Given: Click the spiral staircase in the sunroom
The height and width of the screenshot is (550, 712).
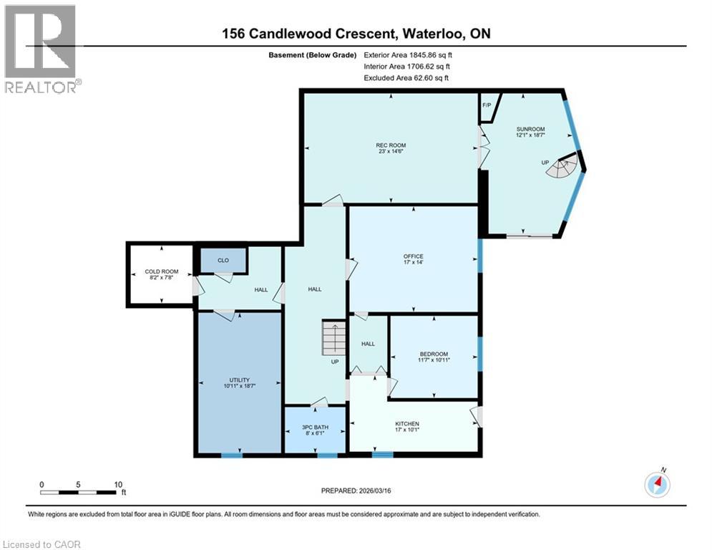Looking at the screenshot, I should click(x=566, y=168).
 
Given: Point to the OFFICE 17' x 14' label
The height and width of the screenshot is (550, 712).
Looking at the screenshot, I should click(x=413, y=259).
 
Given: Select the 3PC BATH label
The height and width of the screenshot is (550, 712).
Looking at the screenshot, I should click(x=315, y=430).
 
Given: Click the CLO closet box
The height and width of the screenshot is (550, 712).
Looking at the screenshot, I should click(x=223, y=260).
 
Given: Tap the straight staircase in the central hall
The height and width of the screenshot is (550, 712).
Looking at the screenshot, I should click(x=333, y=337).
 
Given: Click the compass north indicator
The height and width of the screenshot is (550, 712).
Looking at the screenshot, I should click(x=657, y=484).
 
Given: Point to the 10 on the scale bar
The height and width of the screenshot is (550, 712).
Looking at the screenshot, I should click(x=117, y=483).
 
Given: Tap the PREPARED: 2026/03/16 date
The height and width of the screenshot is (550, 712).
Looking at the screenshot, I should click(x=357, y=491).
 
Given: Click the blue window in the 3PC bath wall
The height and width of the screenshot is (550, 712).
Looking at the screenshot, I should click(x=327, y=455).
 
